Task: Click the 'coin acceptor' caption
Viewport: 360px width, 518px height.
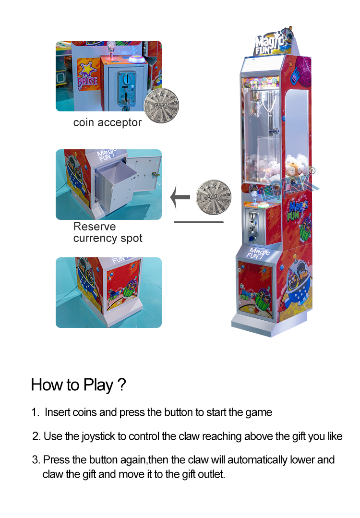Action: point(108,122)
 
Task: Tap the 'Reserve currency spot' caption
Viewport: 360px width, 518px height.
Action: point(108,232)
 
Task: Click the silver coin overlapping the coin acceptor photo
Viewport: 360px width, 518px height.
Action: point(161,106)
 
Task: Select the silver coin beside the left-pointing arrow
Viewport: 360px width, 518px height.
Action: point(214,197)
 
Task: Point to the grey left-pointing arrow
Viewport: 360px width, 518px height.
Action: point(180,197)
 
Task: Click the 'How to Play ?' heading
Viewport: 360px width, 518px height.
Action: point(79,385)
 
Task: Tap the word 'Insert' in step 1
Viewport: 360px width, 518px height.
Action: point(58,412)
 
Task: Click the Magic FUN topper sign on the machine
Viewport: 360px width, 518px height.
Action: point(274,42)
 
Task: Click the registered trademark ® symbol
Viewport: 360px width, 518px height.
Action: point(312,171)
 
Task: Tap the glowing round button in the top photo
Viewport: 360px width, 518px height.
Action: point(137,60)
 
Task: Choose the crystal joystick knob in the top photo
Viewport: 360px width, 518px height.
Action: point(111,46)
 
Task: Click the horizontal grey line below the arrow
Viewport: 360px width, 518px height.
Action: point(199,222)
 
